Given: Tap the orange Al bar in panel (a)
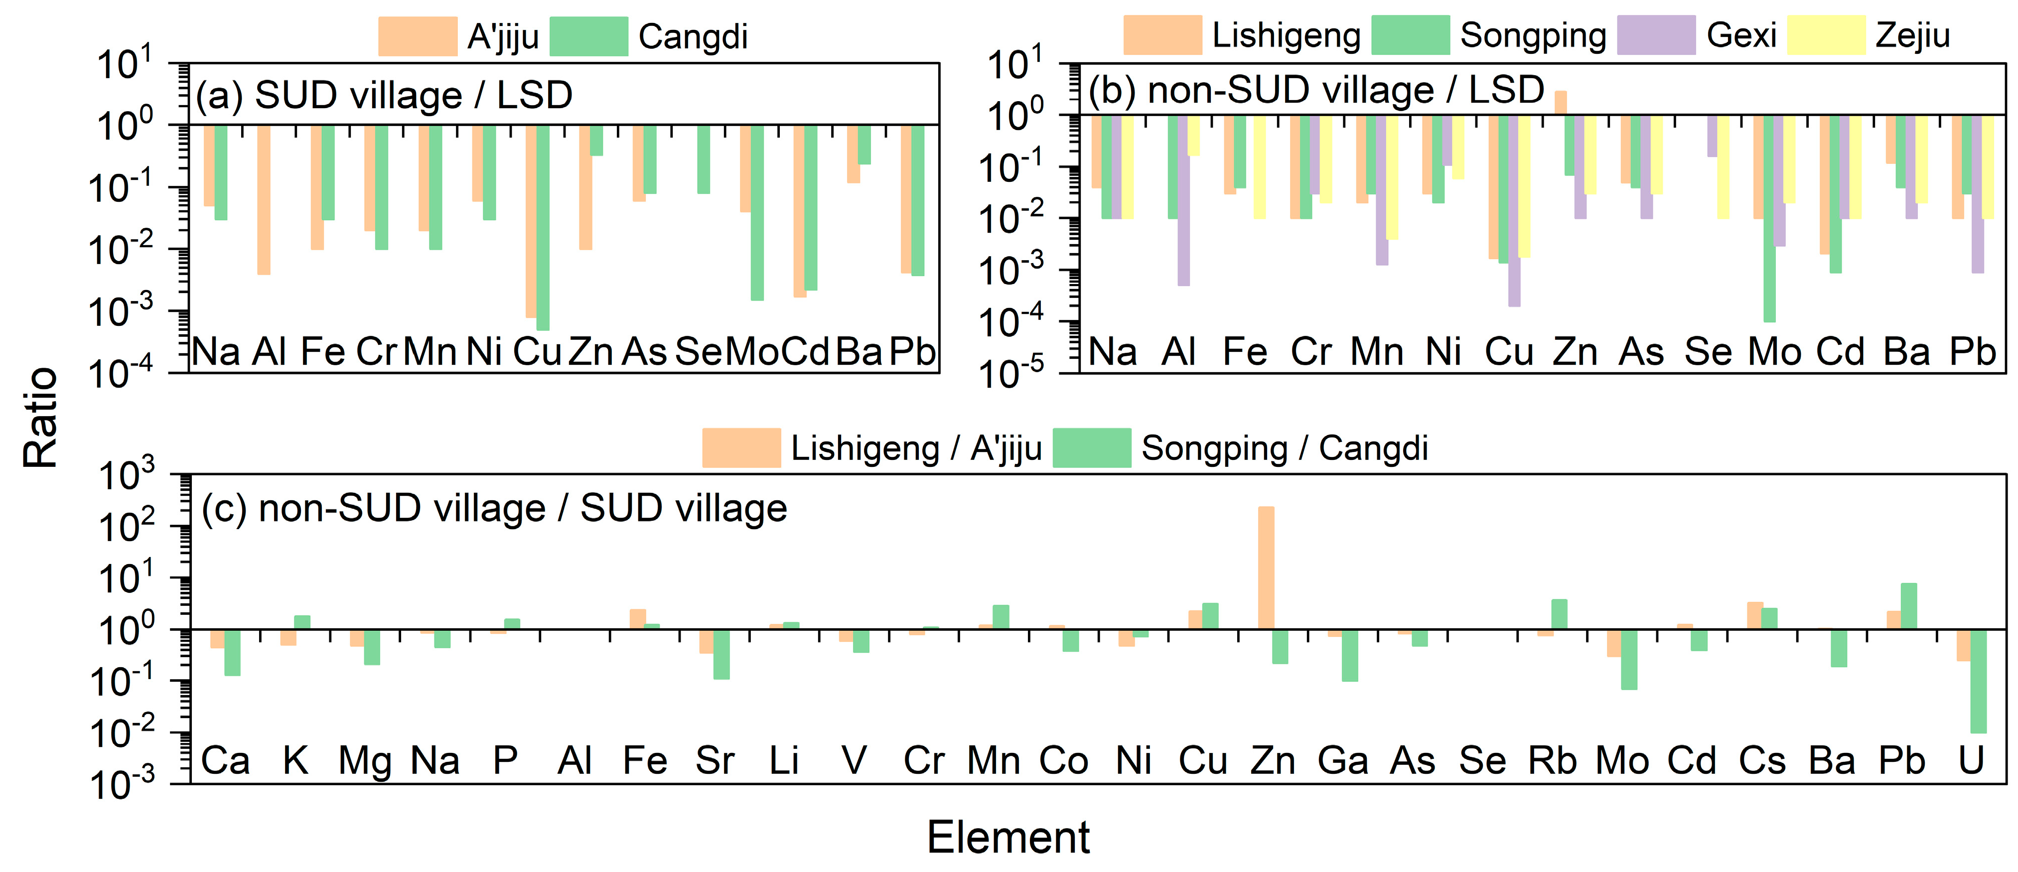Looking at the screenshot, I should [x=264, y=200].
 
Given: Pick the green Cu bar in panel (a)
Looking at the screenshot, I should [x=543, y=227].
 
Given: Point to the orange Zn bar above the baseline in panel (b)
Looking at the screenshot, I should [x=1561, y=103].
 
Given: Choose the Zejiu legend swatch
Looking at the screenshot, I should [x=1826, y=35].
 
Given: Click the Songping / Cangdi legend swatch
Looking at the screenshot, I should [x=1091, y=448].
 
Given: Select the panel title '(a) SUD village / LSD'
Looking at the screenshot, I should [x=384, y=96].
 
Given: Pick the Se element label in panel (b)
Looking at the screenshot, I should [x=1708, y=352].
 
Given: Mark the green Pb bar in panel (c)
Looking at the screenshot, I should [x=1909, y=605].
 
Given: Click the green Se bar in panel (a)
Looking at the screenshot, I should [x=704, y=159].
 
